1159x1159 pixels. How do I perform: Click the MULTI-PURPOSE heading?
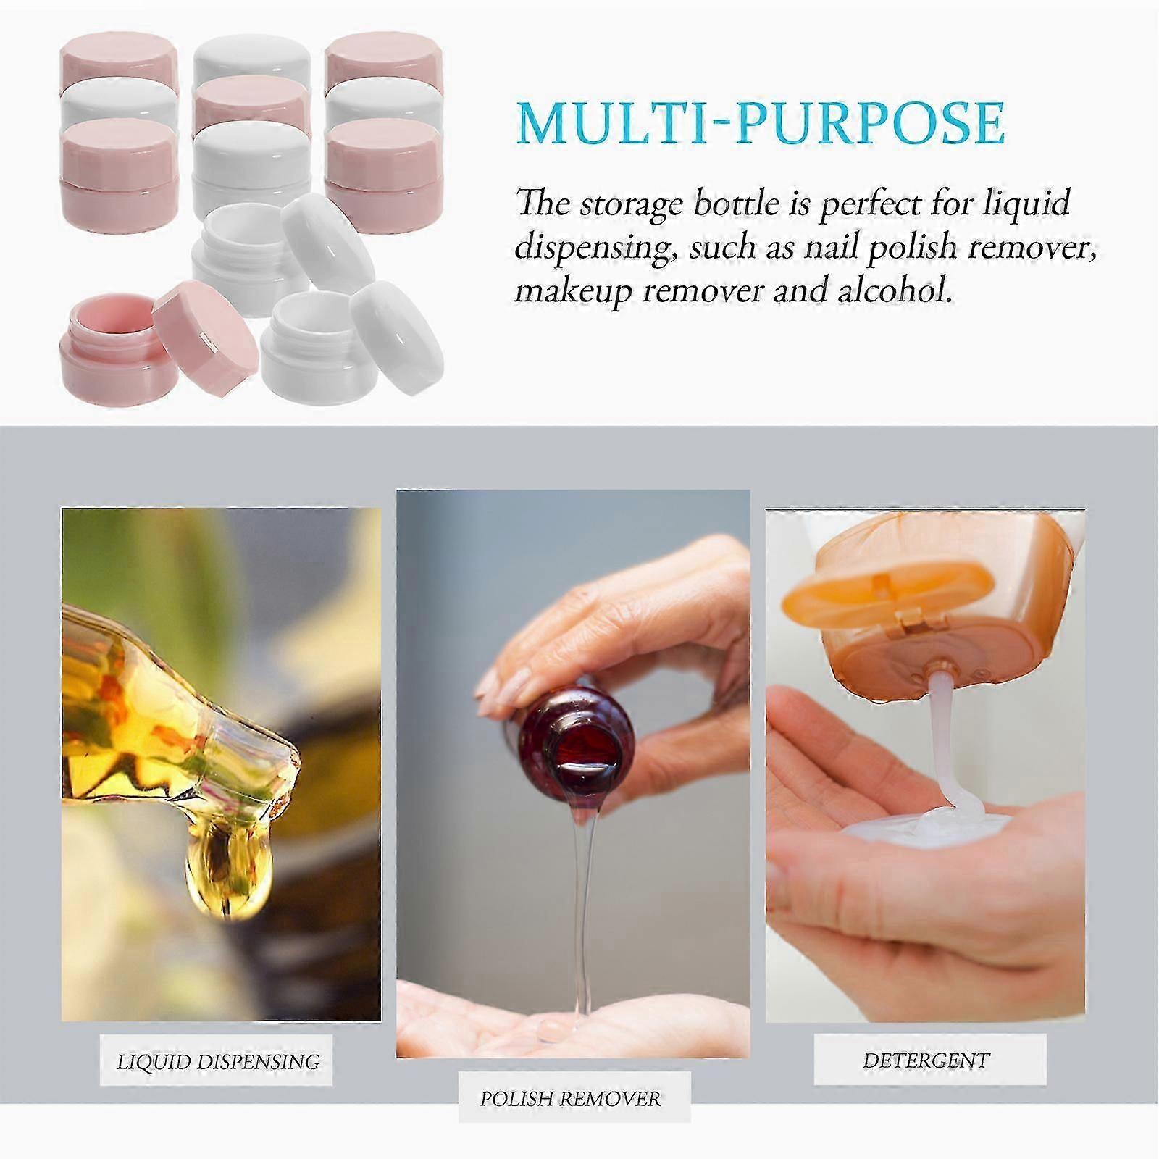click(761, 124)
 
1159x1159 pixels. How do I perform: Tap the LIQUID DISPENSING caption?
click(218, 1062)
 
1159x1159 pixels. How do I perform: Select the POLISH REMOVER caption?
click(570, 1099)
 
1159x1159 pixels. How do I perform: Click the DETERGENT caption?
click(926, 1060)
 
